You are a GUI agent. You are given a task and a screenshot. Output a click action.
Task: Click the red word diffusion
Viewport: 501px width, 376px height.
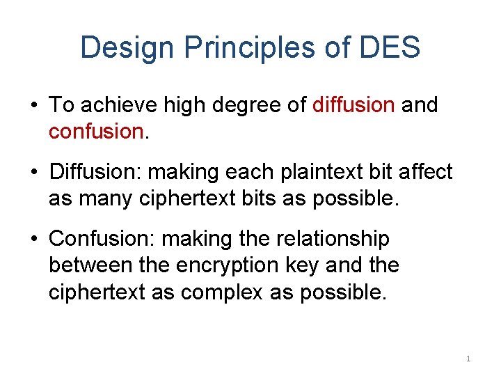353,105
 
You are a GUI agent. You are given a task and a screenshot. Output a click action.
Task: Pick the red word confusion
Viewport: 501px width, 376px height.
95,131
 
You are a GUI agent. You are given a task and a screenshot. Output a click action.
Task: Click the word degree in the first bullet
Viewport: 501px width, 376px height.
246,105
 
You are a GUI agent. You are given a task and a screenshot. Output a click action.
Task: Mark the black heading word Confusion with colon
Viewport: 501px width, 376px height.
102,239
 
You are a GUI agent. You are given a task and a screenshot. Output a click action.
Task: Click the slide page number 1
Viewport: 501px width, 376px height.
468,359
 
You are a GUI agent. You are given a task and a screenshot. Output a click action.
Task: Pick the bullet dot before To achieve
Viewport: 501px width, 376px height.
34,107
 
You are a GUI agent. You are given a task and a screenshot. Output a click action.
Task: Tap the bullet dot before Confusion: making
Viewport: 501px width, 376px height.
34,240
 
